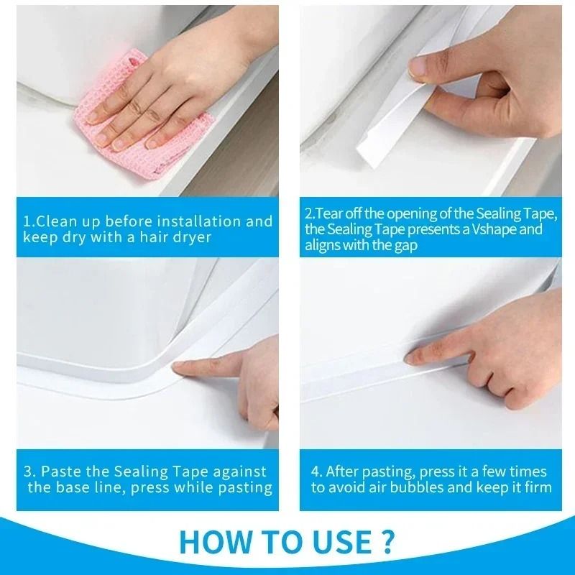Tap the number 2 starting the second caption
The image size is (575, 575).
pos(308,214)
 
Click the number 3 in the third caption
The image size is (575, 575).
pos(28,472)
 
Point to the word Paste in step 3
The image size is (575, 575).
pos(60,472)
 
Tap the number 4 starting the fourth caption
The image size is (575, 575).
pos(315,472)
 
